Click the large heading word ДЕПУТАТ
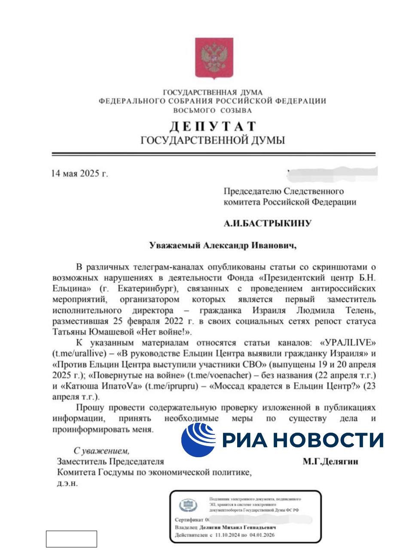213,126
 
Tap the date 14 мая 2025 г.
79,174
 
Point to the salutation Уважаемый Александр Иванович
223,245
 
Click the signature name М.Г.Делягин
330,462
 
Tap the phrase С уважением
101,451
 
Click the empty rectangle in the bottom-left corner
71,539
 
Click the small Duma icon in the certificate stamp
188,505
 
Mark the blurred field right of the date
333,173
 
